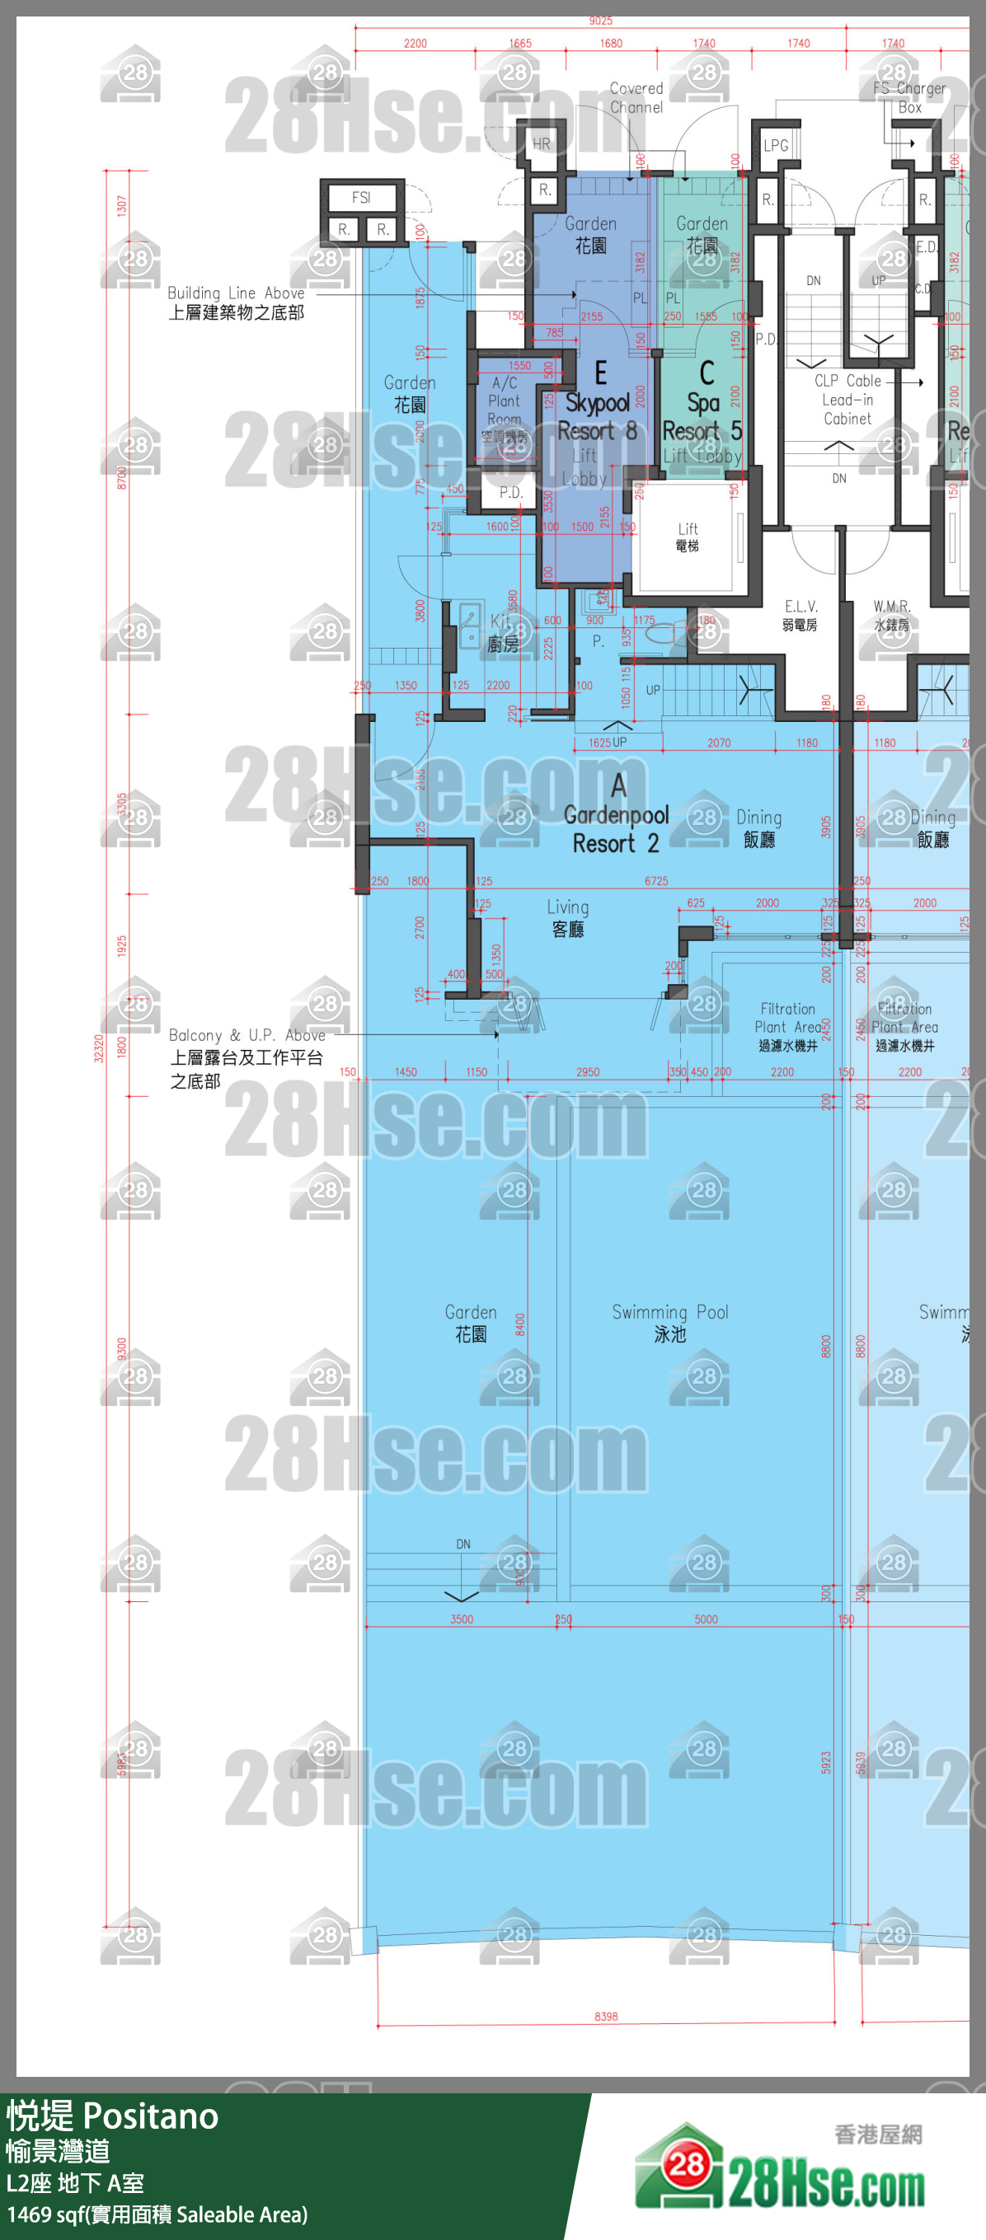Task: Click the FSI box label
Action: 361,199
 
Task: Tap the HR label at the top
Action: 541,144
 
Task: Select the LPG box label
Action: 776,145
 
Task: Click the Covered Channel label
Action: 636,98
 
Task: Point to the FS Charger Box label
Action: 909,98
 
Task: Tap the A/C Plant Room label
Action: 505,401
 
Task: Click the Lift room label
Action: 687,537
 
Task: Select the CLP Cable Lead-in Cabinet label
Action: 847,400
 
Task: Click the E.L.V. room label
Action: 800,615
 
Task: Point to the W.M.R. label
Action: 892,615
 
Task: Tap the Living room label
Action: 568,918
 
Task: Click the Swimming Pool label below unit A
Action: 669,1323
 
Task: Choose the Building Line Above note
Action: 236,302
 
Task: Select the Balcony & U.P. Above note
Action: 246,1057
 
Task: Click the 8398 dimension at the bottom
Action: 606,2017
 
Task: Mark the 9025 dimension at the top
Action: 601,21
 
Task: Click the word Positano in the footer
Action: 152,2116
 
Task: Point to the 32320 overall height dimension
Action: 99,1047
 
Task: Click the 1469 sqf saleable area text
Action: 157,2214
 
